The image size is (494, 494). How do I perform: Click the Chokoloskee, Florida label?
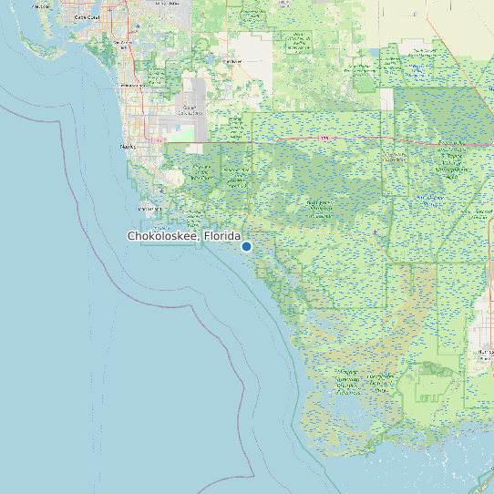click(183, 236)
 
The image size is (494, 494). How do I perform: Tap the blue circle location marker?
click(246, 246)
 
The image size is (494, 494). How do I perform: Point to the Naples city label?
click(127, 145)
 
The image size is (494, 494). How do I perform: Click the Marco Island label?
click(150, 209)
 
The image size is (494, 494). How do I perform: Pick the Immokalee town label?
click(229, 61)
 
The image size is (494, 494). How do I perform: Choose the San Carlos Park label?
click(123, 43)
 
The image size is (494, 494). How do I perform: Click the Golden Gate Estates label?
click(190, 108)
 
